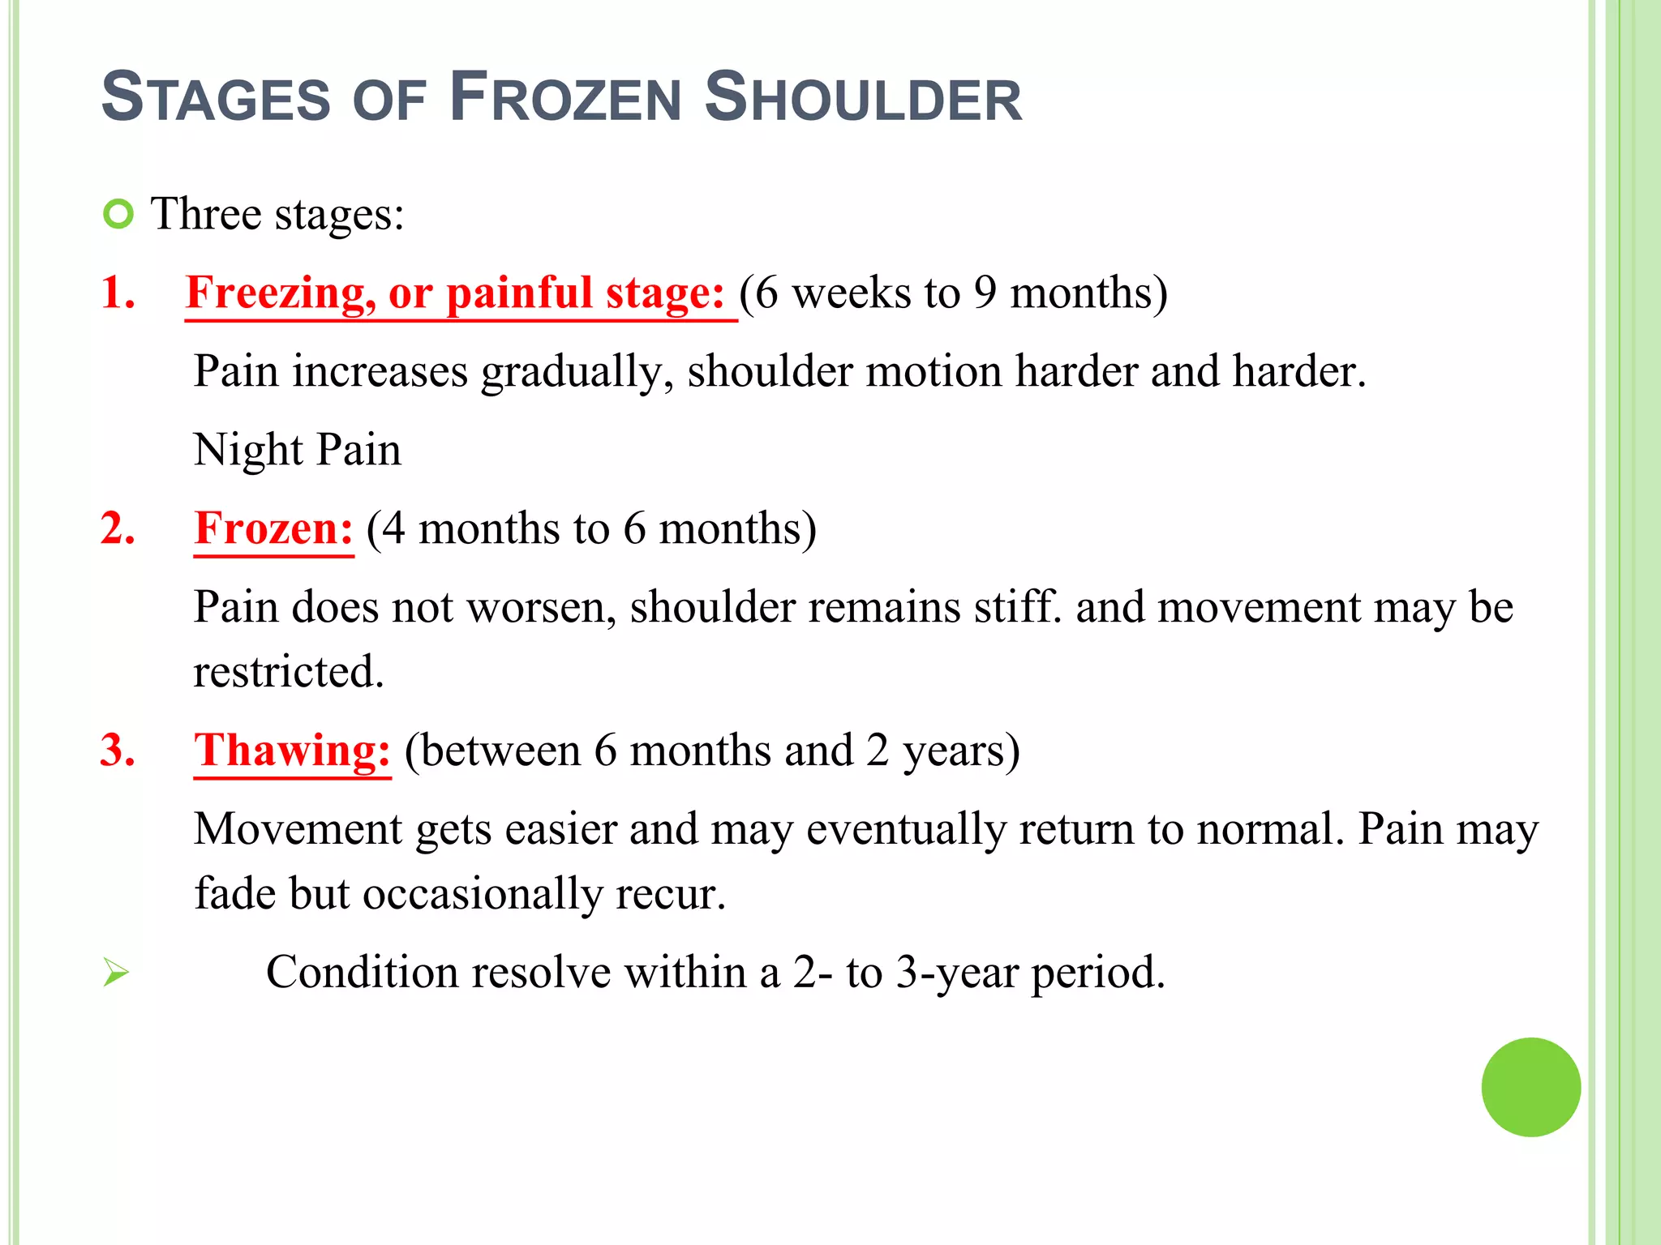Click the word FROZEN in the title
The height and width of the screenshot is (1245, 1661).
click(x=564, y=98)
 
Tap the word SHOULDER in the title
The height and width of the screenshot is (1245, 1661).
click(x=863, y=98)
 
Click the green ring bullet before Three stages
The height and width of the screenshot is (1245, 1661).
click(x=118, y=214)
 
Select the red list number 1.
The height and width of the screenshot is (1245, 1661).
click(x=117, y=292)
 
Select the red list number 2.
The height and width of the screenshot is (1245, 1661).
click(x=117, y=528)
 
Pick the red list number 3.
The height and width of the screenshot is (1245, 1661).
click(x=117, y=750)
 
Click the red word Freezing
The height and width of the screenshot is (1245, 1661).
click(x=279, y=293)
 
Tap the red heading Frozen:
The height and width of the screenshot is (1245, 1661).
click(x=274, y=528)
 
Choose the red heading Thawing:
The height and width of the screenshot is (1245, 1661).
click(x=292, y=751)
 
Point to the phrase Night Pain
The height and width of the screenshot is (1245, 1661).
click(x=297, y=450)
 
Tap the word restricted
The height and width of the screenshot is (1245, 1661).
click(x=288, y=672)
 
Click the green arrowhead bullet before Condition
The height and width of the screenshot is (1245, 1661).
click(x=116, y=972)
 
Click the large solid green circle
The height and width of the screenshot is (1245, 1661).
click(x=1530, y=1087)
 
